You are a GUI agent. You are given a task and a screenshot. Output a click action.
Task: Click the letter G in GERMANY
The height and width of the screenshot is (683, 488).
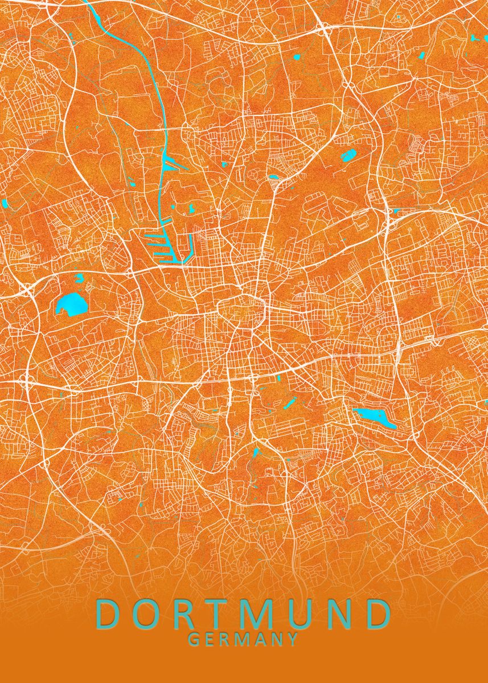[194, 640]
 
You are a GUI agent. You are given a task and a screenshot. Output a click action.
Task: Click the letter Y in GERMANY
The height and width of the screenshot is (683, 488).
[292, 640]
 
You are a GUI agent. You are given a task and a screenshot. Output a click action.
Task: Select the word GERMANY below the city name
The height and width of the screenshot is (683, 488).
[243, 640]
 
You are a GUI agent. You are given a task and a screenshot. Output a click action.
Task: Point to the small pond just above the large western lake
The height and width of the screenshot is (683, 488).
[79, 278]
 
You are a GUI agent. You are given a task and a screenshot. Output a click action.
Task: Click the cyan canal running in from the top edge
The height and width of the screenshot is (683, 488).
[137, 51]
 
